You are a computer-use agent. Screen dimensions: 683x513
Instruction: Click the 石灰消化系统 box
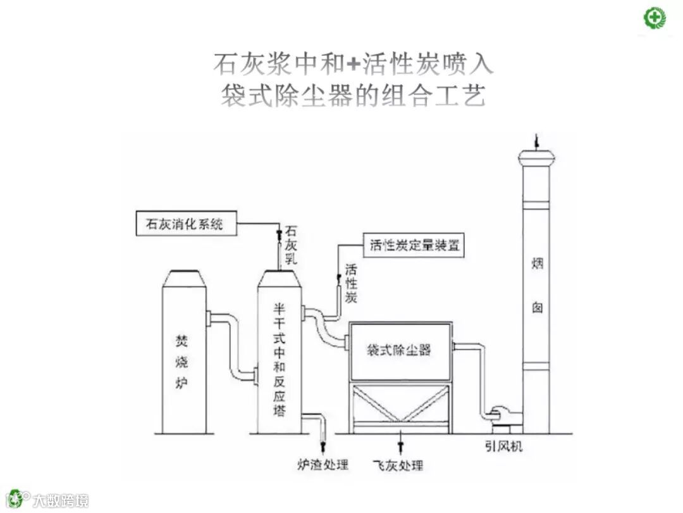[x=185, y=224]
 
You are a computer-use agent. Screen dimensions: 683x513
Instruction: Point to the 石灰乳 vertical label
[x=291, y=244]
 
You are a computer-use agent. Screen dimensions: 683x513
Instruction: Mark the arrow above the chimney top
[x=536, y=140]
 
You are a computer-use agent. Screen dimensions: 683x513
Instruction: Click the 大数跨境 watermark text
[x=61, y=500]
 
